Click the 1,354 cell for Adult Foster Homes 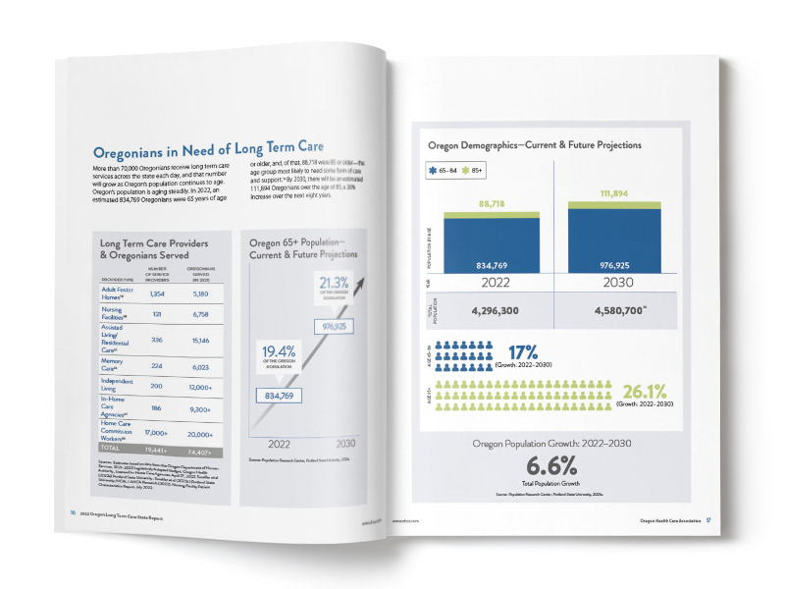(155, 294)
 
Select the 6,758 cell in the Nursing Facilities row (198, 317)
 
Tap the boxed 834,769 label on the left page (280, 396)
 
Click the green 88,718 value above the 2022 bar (492, 202)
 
